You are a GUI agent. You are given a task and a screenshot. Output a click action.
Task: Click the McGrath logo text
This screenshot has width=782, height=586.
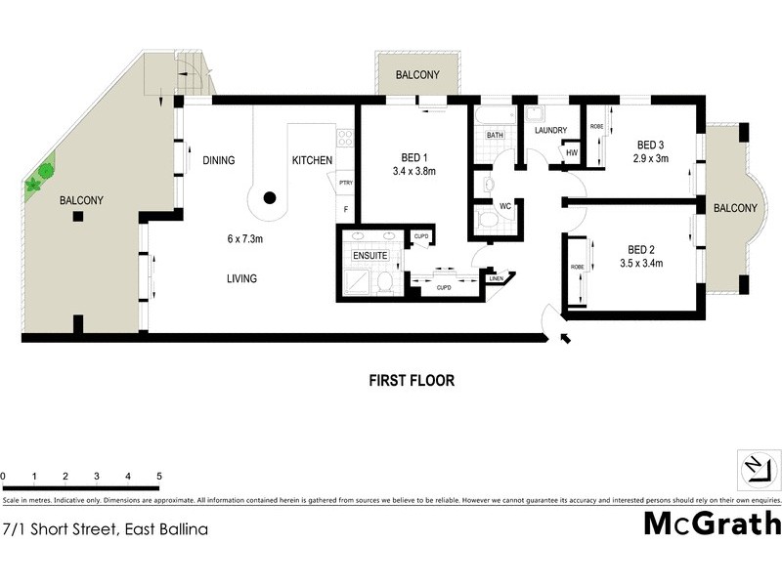(x=712, y=523)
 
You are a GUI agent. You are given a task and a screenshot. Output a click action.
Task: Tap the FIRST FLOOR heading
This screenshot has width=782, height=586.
(x=411, y=380)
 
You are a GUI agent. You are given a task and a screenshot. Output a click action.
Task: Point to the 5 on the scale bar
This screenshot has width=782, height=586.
(x=158, y=477)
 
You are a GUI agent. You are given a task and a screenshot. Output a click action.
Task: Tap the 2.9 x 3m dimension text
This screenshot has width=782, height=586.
(x=650, y=158)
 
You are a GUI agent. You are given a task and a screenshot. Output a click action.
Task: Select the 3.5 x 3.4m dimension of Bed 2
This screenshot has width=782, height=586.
(x=641, y=263)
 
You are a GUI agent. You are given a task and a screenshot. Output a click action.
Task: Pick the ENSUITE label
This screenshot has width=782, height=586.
(x=370, y=256)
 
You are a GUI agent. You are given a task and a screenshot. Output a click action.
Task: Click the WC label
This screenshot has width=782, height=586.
(x=505, y=206)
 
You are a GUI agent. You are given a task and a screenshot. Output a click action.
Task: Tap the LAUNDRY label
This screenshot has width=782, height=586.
(x=550, y=130)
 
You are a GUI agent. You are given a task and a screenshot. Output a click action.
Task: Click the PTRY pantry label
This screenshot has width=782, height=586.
(x=345, y=182)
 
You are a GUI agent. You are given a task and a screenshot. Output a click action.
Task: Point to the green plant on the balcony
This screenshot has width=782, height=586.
(x=36, y=181)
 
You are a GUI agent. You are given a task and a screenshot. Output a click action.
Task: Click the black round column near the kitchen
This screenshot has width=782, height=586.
(x=270, y=198)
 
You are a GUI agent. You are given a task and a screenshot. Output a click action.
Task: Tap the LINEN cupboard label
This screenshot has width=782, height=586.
(x=497, y=280)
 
